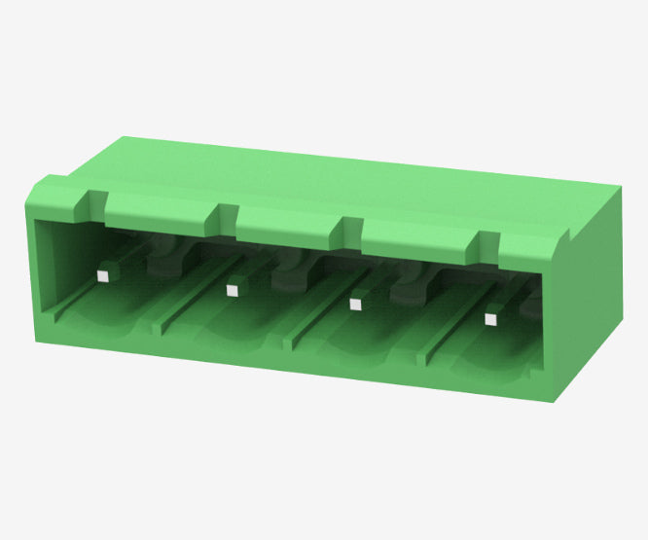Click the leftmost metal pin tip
tap(101, 276)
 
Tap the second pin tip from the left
tap(232, 289)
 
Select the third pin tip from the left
tap(355, 304)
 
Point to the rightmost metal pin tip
tap(490, 317)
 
